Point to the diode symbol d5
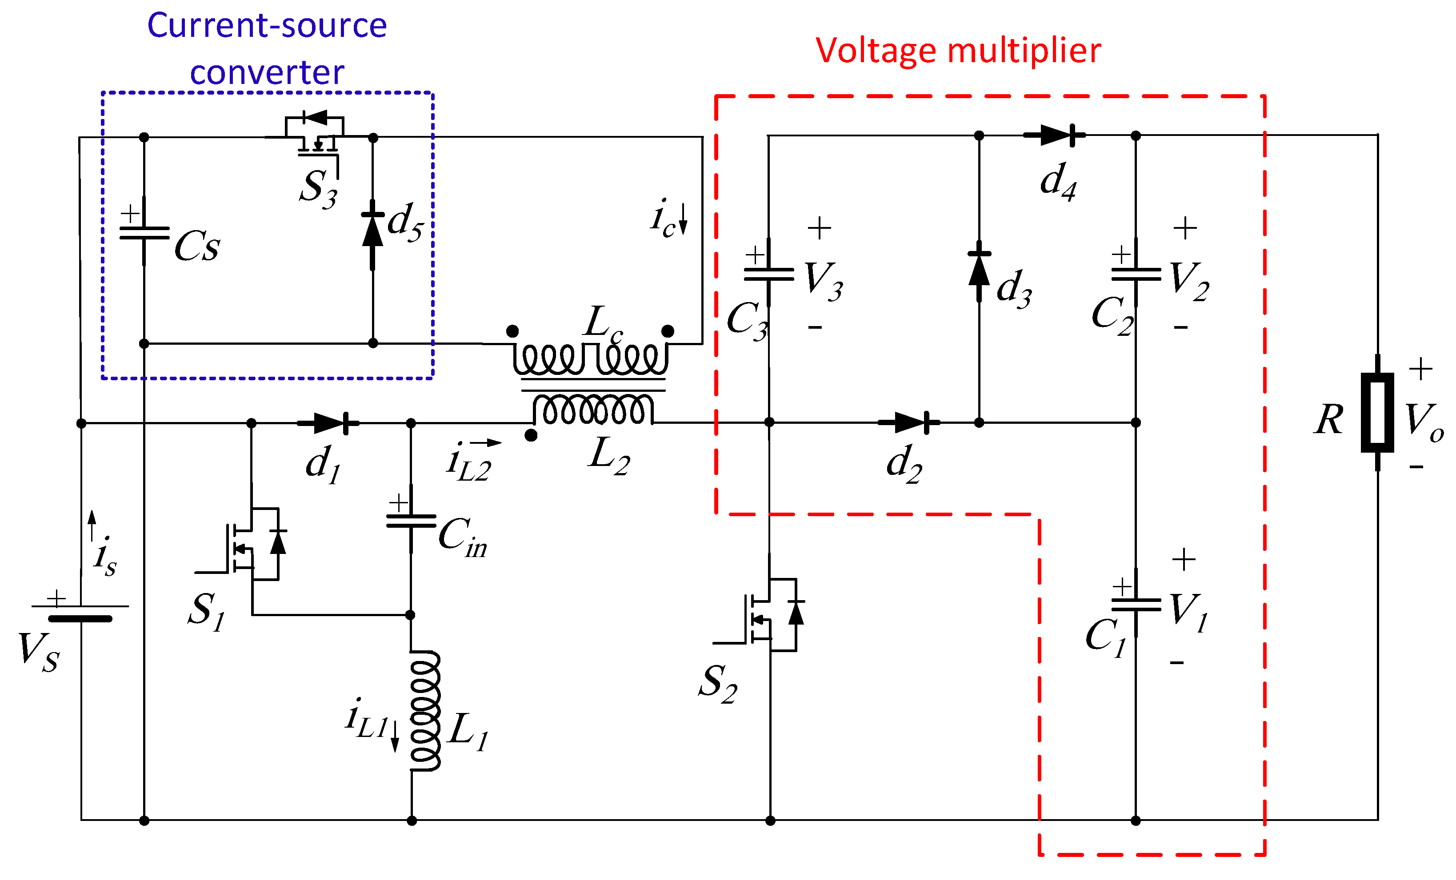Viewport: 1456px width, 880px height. coord(372,233)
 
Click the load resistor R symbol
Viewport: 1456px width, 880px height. coord(1377,412)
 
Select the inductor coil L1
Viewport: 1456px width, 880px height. coord(424,710)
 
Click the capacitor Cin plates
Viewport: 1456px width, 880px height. coord(411,520)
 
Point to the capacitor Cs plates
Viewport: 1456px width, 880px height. coord(144,233)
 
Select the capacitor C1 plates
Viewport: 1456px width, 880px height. coord(1136,604)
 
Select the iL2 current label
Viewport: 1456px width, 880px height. coord(470,464)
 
